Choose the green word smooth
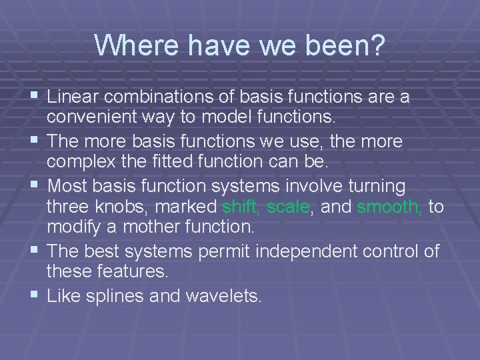389,208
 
